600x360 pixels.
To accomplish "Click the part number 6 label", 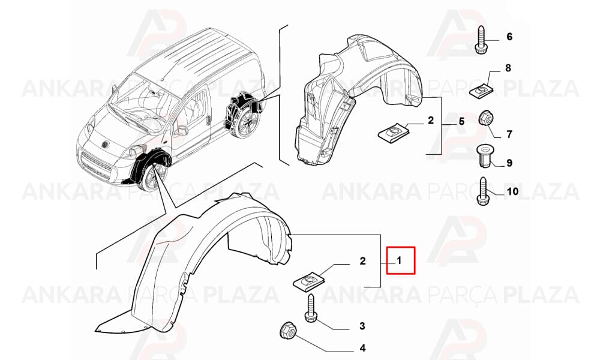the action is click(509, 37).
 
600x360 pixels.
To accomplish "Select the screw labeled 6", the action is click(480, 40).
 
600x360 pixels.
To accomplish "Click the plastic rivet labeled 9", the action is click(484, 156).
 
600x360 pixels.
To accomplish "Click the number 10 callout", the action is click(512, 191).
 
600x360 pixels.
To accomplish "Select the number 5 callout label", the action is click(461, 122).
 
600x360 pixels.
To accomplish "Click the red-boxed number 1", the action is click(399, 261).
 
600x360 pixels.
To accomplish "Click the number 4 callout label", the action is click(362, 348).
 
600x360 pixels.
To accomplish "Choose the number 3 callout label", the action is click(362, 326).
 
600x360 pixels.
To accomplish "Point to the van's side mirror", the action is click(181, 130).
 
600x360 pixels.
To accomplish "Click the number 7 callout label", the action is click(509, 134).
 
